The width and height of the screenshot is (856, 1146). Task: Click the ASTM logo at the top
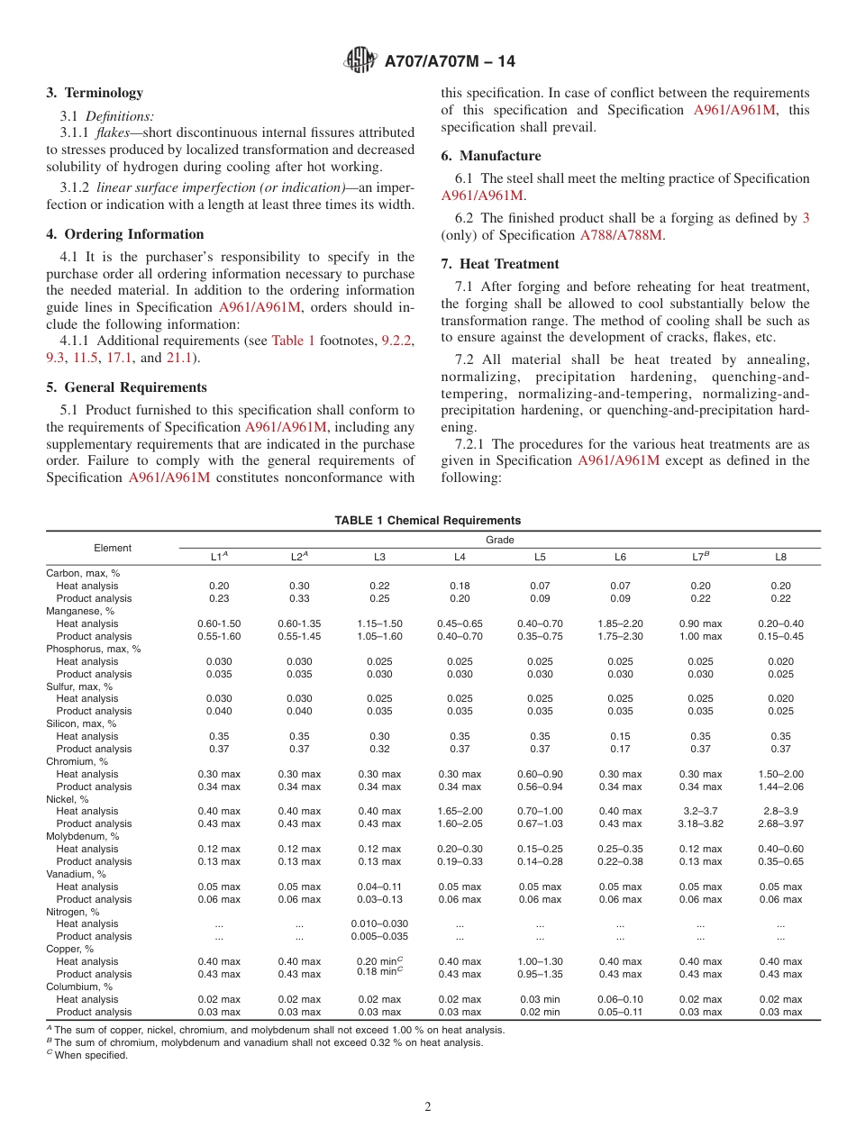point(360,61)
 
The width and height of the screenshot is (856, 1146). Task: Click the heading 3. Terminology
point(95,93)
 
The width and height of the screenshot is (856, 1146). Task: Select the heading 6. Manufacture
point(491,156)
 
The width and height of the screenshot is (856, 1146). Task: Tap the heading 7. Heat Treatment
point(500,264)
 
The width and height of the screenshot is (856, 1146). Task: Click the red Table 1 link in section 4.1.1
point(294,341)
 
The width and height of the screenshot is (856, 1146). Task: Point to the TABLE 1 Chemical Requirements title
point(428,521)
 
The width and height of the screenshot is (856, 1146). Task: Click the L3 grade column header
point(379,558)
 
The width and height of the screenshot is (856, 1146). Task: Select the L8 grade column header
point(780,558)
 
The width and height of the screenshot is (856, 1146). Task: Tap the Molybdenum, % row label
point(83,836)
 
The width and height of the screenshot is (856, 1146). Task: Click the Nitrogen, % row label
point(74,912)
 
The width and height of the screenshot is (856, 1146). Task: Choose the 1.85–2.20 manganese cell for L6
point(620,623)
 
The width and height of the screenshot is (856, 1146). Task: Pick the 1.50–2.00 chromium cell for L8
point(780,774)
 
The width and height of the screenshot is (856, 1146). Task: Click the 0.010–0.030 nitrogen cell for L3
point(379,923)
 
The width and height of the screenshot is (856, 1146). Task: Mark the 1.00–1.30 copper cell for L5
point(540,961)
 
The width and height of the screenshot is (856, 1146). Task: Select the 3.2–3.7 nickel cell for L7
point(700,811)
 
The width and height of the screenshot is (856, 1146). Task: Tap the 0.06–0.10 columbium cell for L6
point(620,999)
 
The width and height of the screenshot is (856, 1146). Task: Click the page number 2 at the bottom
point(428,1107)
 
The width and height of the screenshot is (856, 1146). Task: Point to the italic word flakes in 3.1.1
point(114,132)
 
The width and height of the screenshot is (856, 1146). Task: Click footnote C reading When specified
point(90,1055)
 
